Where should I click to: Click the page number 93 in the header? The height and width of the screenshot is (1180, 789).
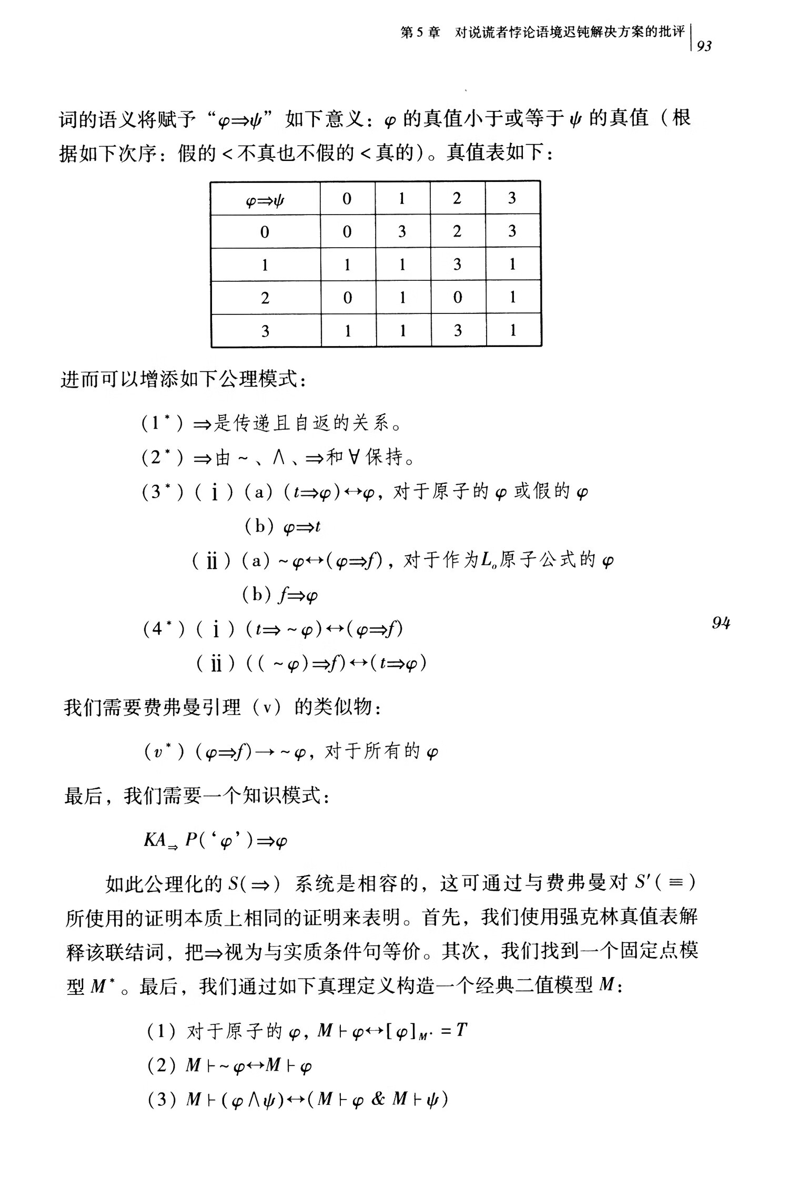704,46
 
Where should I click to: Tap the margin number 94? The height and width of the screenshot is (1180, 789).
721,623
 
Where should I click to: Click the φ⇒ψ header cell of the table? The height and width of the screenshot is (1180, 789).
265,199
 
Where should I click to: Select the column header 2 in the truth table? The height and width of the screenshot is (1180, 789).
457,198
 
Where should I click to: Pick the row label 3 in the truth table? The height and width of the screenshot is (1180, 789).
265,331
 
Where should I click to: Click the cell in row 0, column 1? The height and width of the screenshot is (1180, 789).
402,231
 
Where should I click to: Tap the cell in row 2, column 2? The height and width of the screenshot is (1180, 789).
457,297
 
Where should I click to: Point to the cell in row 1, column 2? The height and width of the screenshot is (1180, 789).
457,264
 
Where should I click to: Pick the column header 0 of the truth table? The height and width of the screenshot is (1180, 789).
347,199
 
